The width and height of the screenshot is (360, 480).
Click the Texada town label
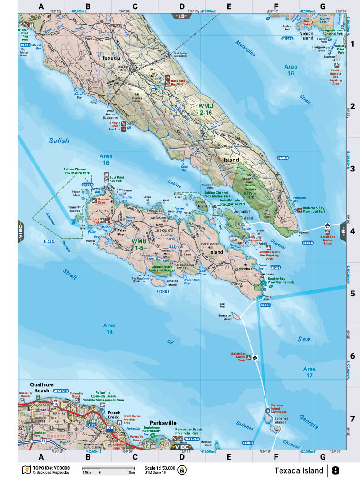click(x=111, y=58)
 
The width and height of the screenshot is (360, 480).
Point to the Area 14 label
click(x=110, y=329)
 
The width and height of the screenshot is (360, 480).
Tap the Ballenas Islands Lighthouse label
click(x=280, y=406)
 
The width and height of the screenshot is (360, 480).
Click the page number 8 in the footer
click(x=336, y=470)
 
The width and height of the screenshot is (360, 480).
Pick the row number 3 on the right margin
click(x=352, y=169)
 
